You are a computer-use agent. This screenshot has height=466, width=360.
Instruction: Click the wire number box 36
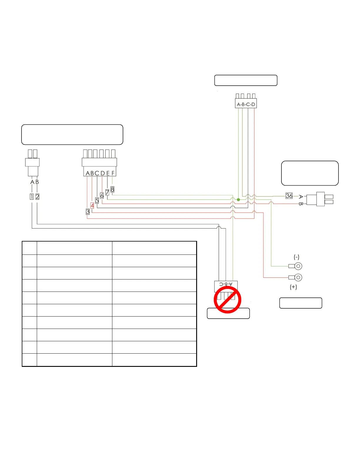[x=289, y=196]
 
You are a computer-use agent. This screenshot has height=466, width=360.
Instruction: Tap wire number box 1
[x=32, y=197]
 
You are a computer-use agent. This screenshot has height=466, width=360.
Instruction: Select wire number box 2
[x=37, y=197]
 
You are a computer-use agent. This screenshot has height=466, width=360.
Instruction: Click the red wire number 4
[x=92, y=206]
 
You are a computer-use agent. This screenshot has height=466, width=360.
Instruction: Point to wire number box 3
[x=88, y=212]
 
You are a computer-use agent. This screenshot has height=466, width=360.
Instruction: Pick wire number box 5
[x=97, y=201]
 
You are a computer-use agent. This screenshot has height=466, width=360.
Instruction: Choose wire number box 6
[x=102, y=195]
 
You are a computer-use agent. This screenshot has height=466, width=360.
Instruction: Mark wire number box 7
[x=107, y=192]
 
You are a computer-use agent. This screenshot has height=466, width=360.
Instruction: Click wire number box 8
[x=112, y=189]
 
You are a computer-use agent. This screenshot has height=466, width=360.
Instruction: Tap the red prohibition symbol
[x=227, y=300]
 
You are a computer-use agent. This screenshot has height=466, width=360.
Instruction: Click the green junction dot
[x=239, y=200]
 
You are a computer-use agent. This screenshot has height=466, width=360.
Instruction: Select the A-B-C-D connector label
[x=246, y=104]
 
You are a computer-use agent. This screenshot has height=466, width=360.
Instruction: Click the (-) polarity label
[x=296, y=257]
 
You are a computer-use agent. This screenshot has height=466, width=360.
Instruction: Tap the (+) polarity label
[x=293, y=287]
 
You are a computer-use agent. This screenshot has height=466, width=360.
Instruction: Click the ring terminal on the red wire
[x=298, y=277]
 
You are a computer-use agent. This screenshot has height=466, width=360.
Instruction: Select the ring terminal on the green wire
[x=298, y=266]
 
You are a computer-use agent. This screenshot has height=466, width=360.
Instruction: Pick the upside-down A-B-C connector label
[x=226, y=284]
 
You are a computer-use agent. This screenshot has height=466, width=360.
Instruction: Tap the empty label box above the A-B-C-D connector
[x=246, y=80]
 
